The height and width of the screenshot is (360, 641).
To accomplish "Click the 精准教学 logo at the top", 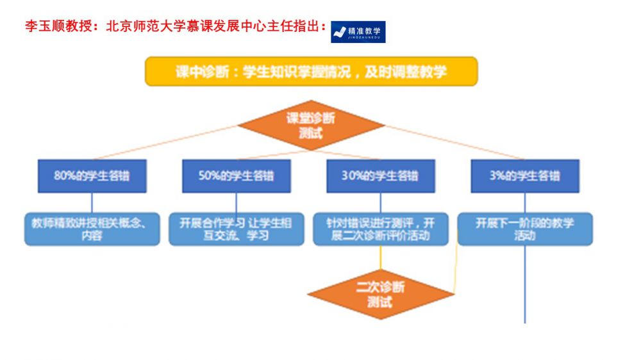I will click(x=358, y=31).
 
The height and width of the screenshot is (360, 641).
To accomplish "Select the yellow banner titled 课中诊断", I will click(x=312, y=71).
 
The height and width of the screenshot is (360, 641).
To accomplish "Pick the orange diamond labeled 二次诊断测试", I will click(x=380, y=294).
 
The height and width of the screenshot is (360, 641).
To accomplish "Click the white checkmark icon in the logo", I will click(x=340, y=32).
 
